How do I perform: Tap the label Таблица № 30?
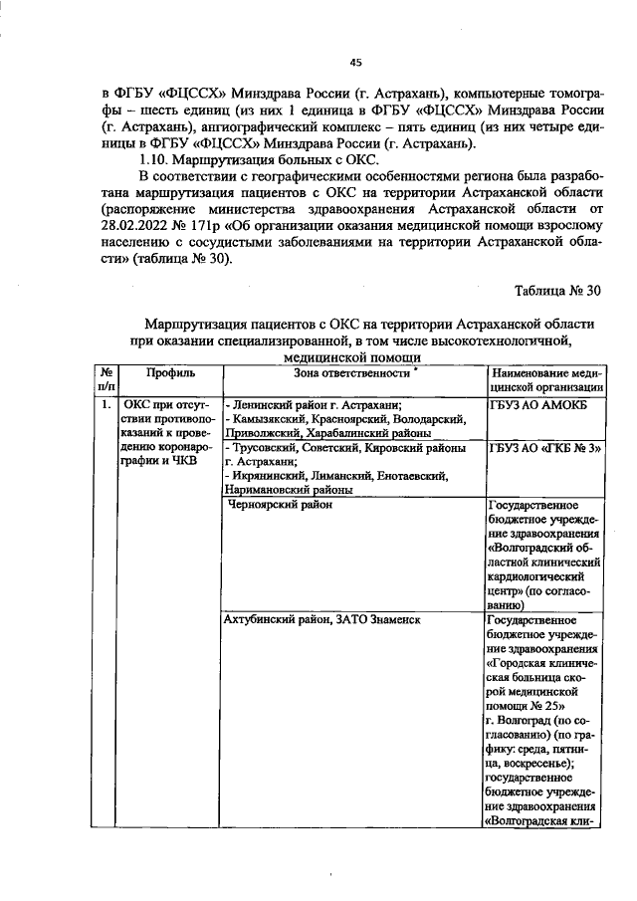point(557,292)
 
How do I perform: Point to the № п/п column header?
point(106,379)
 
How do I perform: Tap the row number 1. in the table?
point(106,406)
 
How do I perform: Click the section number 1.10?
point(158,162)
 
